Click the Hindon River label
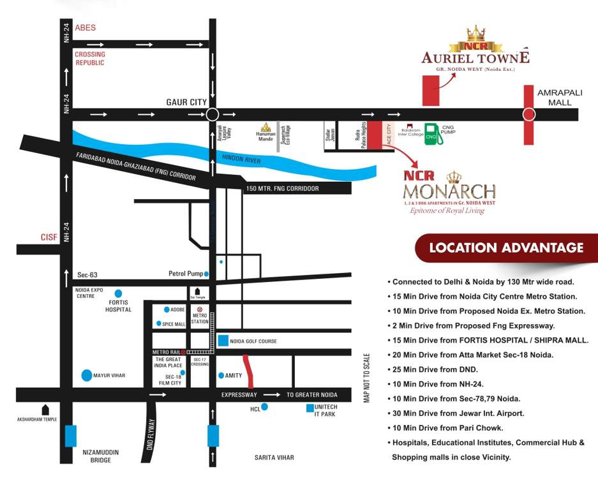(241, 161)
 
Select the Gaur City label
(186, 102)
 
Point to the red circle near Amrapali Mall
(528, 115)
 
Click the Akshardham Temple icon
(45, 409)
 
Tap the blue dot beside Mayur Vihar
(86, 375)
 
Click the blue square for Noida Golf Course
(223, 341)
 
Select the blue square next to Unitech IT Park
(310, 408)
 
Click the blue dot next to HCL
(264, 406)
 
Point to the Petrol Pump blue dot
(207, 274)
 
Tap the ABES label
(85, 28)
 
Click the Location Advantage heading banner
(506, 248)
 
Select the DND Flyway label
(152, 434)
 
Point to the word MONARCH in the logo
(449, 191)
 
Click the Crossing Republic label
(90, 59)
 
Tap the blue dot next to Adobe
(167, 309)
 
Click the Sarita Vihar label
(274, 457)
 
